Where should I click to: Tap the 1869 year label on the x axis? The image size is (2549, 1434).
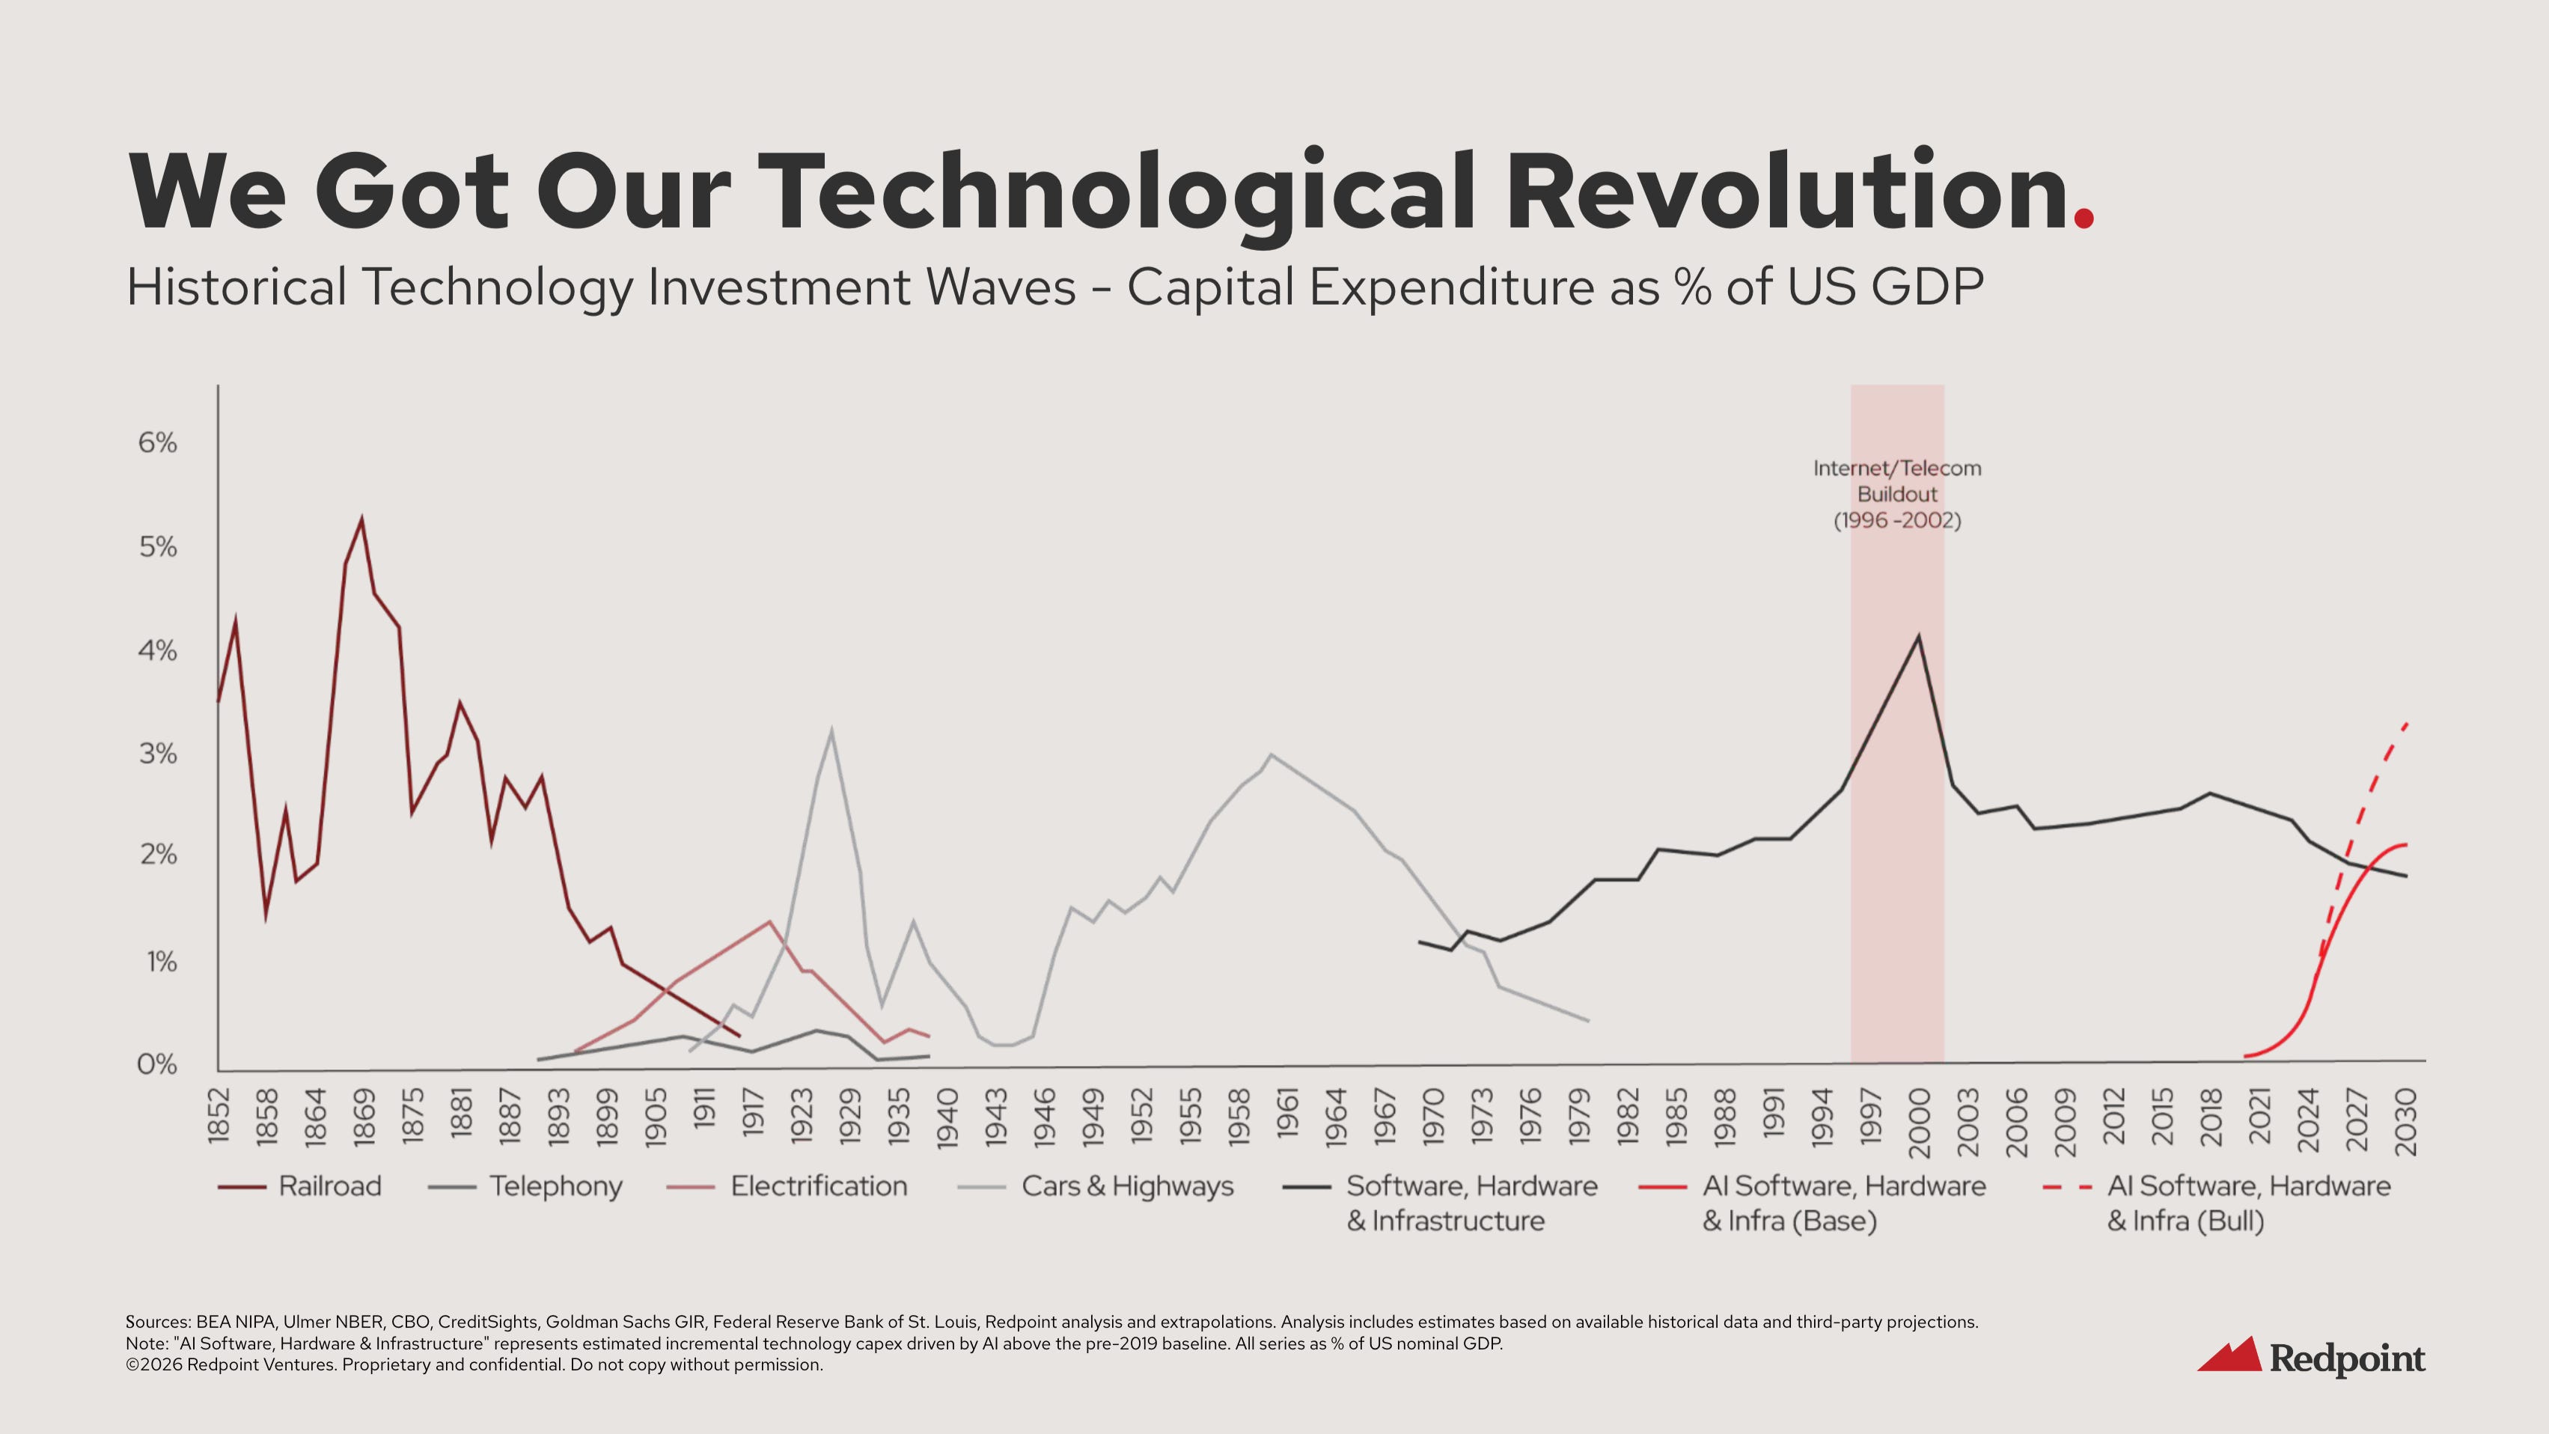click(364, 1117)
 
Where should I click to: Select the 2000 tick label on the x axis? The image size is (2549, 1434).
click(1919, 1122)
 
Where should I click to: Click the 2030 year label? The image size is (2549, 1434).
click(2405, 1122)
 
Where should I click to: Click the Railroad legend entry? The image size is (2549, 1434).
click(329, 1186)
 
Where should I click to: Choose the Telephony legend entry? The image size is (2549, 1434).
click(555, 1186)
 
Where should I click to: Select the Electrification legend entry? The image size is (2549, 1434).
click(818, 1186)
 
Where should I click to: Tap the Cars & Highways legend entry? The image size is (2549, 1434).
click(1127, 1186)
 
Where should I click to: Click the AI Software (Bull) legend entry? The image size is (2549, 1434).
click(2248, 1203)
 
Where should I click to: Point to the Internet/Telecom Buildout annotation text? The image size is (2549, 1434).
click(1897, 494)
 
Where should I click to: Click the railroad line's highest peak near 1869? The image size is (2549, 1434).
click(361, 519)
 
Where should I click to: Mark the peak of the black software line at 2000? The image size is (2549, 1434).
click(1919, 635)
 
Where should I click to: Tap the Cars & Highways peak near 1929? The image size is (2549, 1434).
click(831, 731)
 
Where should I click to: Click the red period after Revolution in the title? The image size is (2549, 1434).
click(2084, 217)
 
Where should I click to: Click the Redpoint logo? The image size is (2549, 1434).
click(2310, 1357)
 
